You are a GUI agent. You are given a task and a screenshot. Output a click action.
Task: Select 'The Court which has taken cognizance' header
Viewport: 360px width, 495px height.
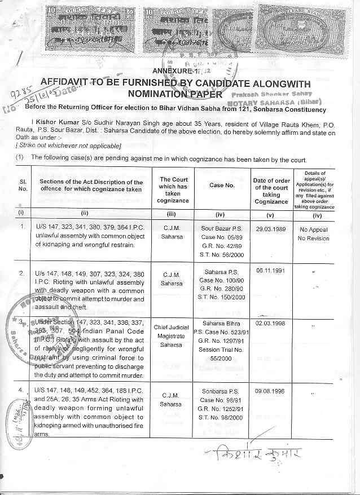coord(173,190)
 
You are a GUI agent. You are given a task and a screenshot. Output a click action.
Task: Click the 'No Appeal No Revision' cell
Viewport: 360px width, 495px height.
coord(314,234)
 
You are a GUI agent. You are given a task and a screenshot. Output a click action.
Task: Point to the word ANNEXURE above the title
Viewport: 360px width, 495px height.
coord(172,70)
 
